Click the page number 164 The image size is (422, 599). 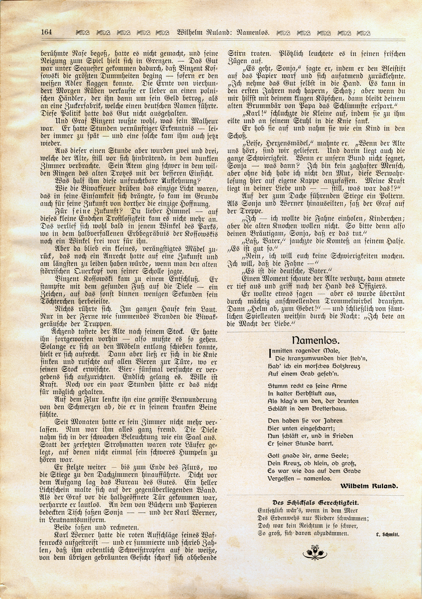tap(46, 32)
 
